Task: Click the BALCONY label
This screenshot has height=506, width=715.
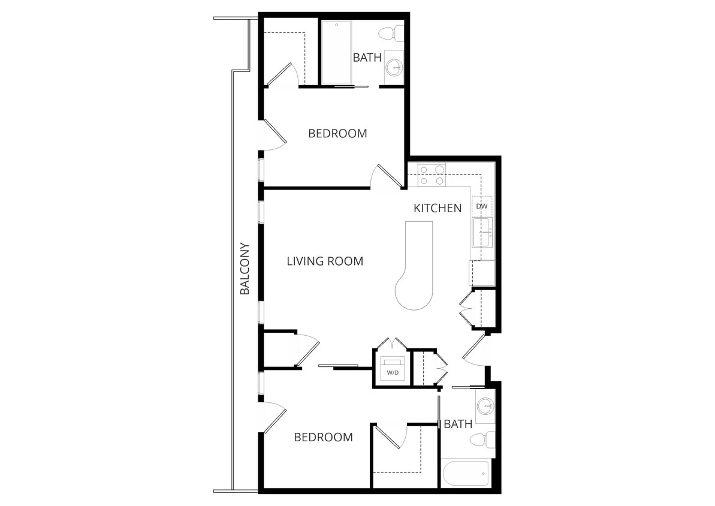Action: pos(244,269)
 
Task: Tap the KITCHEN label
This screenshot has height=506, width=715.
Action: pos(438,208)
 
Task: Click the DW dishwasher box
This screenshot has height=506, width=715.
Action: pos(482,207)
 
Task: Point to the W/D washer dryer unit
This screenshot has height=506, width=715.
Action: pos(393,368)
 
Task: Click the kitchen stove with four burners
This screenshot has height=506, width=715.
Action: pos(432,174)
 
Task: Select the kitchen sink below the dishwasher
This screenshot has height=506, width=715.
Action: pos(482,233)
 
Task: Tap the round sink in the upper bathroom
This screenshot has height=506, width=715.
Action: pos(394,67)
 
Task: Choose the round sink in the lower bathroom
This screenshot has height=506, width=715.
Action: pos(485,406)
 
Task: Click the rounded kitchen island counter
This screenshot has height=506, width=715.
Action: pos(415,264)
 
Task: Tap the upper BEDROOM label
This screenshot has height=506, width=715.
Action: pos(337,133)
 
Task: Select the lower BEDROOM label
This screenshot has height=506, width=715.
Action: pos(323,438)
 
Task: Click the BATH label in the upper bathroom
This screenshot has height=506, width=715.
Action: pos(367,58)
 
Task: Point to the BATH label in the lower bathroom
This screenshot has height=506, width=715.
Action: pos(458,424)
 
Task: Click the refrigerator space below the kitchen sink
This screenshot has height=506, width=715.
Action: pos(482,273)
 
